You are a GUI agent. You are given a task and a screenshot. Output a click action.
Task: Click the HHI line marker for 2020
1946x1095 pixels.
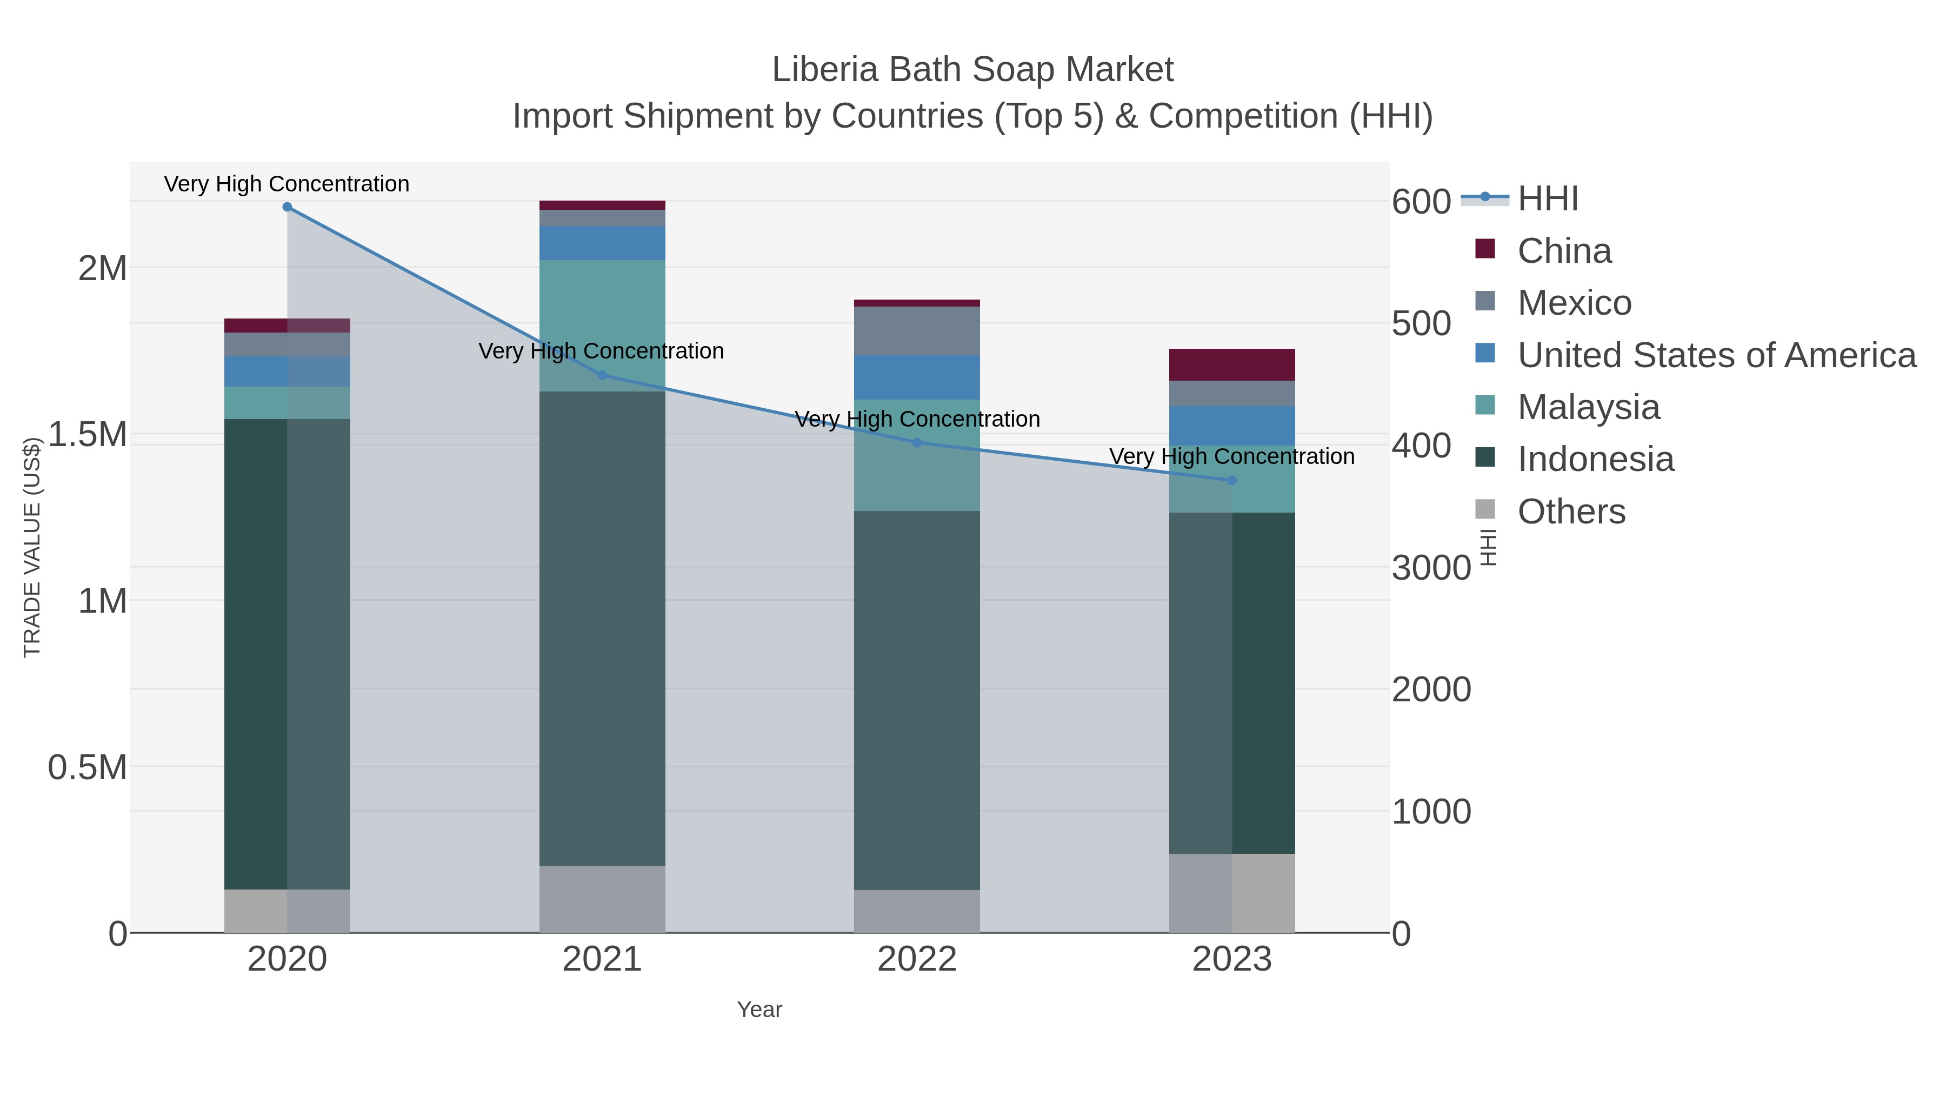click(x=287, y=207)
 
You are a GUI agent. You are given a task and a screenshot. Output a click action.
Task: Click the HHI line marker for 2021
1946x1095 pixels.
click(x=602, y=376)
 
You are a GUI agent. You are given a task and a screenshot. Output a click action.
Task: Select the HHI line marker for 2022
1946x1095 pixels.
click(x=917, y=443)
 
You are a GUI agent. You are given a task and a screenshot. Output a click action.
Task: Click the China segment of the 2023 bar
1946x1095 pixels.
click(x=1232, y=365)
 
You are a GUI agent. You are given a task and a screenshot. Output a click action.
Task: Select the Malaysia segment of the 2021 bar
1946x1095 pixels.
click(x=602, y=325)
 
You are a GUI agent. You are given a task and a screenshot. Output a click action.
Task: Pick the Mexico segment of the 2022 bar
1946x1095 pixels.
click(x=917, y=331)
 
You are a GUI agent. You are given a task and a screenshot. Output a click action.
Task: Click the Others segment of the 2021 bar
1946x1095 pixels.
click(x=602, y=899)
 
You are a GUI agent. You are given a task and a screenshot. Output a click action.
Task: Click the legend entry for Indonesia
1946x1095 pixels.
click(x=1596, y=460)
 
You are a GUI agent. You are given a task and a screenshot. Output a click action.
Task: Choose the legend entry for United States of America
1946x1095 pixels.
click(x=1716, y=355)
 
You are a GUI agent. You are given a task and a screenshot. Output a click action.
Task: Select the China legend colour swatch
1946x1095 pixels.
click(x=1485, y=249)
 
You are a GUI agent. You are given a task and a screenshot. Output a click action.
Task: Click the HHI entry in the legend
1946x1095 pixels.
click(x=1547, y=199)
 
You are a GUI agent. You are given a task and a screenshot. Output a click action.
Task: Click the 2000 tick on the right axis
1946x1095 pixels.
click(x=1431, y=689)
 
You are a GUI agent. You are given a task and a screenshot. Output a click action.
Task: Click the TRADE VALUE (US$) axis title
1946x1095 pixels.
click(x=32, y=547)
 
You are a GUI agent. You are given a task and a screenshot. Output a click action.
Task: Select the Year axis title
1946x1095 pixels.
click(x=759, y=1010)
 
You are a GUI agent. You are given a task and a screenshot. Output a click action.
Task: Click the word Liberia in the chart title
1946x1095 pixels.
click(x=825, y=70)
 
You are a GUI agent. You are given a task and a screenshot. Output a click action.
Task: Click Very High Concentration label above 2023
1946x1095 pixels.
click(x=1231, y=456)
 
